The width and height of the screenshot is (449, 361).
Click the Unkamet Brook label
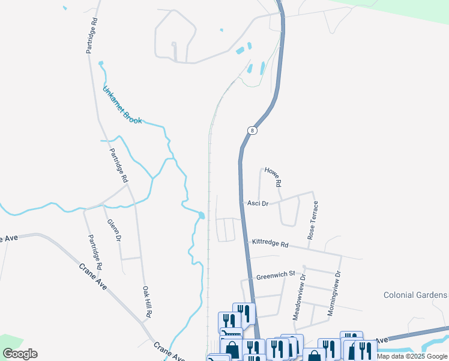click(122, 105)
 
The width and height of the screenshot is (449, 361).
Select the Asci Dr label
click(258, 203)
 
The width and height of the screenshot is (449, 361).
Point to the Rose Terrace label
click(313, 221)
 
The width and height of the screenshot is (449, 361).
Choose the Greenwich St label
click(276, 276)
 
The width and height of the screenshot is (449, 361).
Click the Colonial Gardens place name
click(415, 295)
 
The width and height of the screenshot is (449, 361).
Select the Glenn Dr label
click(114, 230)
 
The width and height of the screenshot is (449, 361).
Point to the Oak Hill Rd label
click(146, 301)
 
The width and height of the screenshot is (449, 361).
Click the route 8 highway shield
click(253, 131)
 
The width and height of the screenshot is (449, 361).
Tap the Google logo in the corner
click(20, 354)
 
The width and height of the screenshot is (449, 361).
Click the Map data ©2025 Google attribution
click(412, 356)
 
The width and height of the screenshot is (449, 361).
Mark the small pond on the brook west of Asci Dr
click(201, 215)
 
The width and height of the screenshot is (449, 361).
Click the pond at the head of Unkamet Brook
click(101, 63)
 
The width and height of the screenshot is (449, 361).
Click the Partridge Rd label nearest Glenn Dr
click(95, 251)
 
